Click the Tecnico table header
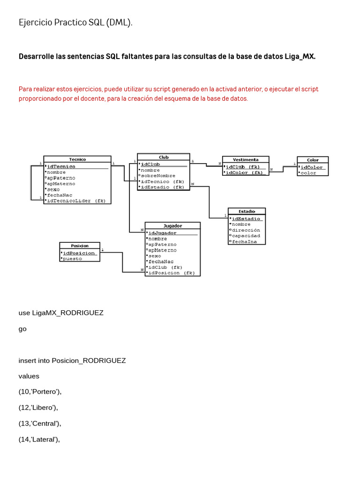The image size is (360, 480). (x=77, y=159)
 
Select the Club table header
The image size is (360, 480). (x=164, y=157)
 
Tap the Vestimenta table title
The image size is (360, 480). (x=246, y=159)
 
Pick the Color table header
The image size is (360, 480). (x=313, y=160)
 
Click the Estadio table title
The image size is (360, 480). (x=247, y=211)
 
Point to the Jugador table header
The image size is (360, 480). (x=172, y=225)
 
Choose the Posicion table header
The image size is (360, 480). (x=80, y=245)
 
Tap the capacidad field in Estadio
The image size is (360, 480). (x=246, y=236)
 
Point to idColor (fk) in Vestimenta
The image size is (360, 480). (x=245, y=172)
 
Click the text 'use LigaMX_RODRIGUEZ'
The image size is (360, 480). (x=61, y=313)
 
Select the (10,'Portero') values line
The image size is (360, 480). (x=40, y=391)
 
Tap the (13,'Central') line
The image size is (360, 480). (x=40, y=423)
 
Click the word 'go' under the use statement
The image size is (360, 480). (x=22, y=329)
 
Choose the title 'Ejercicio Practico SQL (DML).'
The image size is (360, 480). (x=75, y=22)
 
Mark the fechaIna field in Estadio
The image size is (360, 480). (x=244, y=241)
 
